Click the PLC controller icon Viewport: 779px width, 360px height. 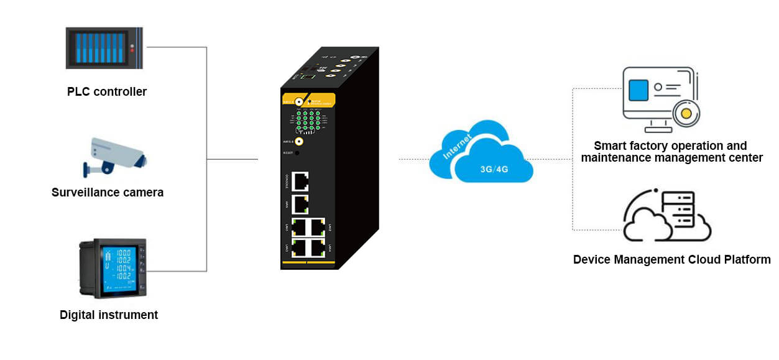[x=104, y=48]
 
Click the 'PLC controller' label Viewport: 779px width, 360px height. [x=107, y=92]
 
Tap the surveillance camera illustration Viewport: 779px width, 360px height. [x=115, y=155]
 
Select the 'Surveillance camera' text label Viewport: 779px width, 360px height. [x=108, y=193]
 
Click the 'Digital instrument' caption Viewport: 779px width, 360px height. [x=109, y=315]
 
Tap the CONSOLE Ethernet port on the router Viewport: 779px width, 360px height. [x=302, y=181]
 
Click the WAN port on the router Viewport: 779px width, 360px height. [x=302, y=203]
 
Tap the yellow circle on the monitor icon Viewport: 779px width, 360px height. [x=686, y=113]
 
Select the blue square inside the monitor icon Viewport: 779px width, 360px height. [x=638, y=91]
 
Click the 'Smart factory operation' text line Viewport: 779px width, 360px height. [x=670, y=146]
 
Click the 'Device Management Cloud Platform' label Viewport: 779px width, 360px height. [x=671, y=259]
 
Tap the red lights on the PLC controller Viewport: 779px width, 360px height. [x=131, y=48]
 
